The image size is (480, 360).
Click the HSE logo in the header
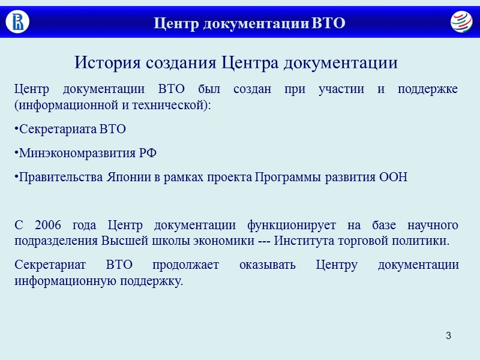(x=17, y=22)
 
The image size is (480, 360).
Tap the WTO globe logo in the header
(x=461, y=22)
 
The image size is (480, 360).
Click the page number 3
(x=448, y=334)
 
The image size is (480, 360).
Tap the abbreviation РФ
(x=148, y=153)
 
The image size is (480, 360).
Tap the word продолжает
(x=186, y=265)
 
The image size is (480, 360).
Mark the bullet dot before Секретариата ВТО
(x=16, y=128)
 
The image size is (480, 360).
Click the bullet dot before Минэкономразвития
(x=16, y=152)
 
